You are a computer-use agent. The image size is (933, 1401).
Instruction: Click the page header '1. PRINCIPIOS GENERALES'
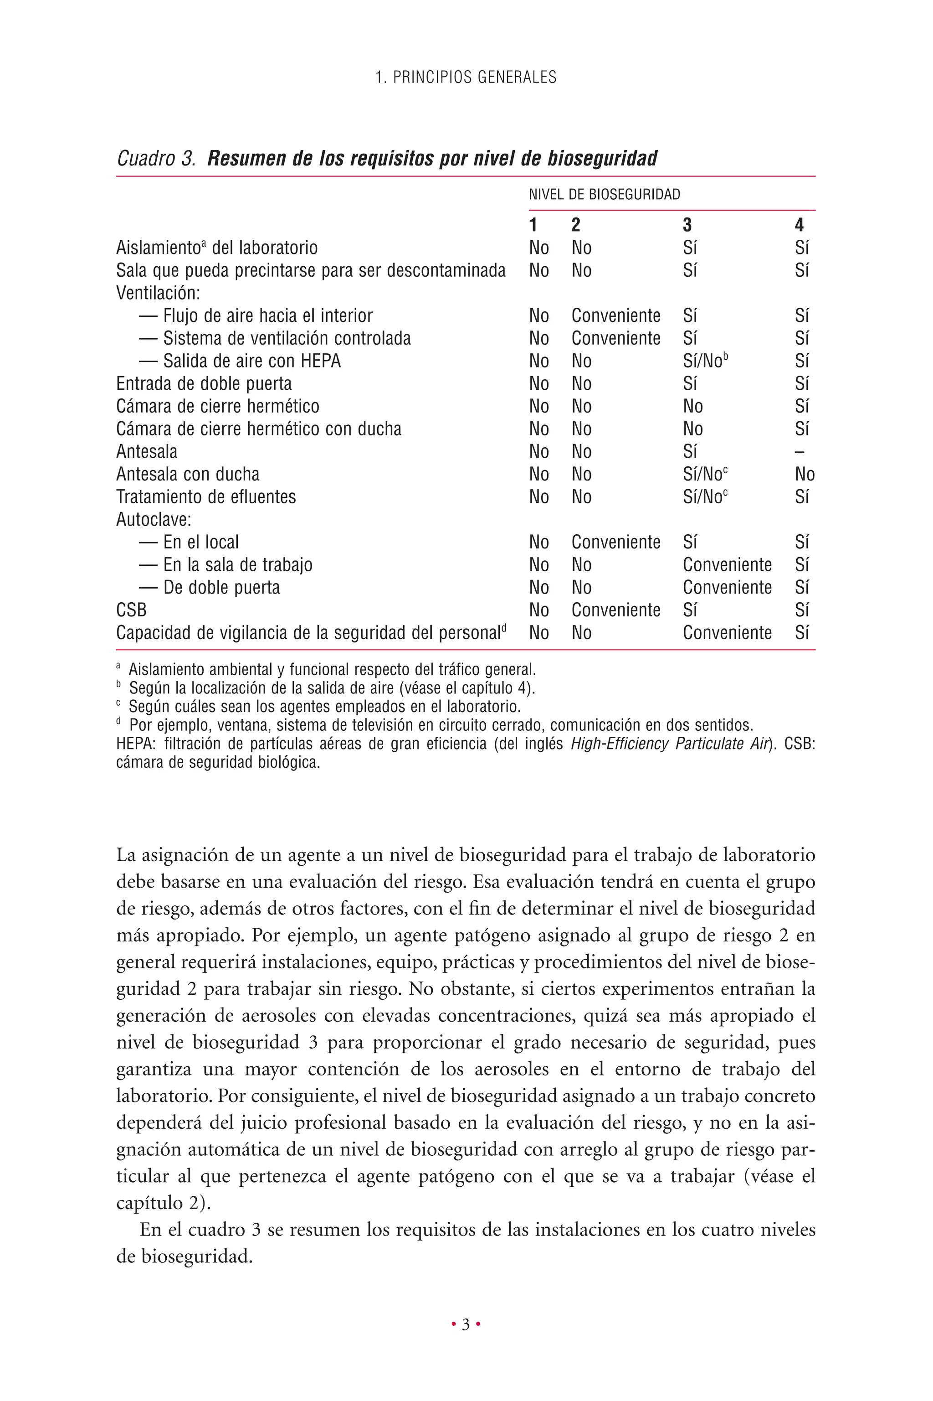[x=466, y=78]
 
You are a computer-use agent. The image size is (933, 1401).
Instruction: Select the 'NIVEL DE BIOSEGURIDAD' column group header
[x=604, y=195]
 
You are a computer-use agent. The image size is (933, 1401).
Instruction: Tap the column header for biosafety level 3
[x=687, y=225]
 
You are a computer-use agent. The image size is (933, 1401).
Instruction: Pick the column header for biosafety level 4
[x=799, y=225]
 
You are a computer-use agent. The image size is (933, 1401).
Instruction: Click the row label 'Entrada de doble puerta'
[x=204, y=384]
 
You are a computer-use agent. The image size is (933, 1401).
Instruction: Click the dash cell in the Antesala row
[x=799, y=452]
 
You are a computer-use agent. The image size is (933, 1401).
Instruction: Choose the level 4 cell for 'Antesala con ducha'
[x=805, y=475]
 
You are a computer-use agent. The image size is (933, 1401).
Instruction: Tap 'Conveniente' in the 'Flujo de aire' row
[x=616, y=316]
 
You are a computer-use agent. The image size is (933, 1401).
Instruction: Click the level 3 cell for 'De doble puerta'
[x=727, y=588]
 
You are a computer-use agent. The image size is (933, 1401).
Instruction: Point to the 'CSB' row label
[x=131, y=610]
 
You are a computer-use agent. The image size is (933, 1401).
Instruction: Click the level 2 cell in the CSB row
[x=616, y=610]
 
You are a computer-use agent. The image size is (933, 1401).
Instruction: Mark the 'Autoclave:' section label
[x=154, y=520]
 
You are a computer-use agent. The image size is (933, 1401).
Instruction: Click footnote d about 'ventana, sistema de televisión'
[x=441, y=726]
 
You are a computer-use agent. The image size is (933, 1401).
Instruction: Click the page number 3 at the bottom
[x=466, y=1325]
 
